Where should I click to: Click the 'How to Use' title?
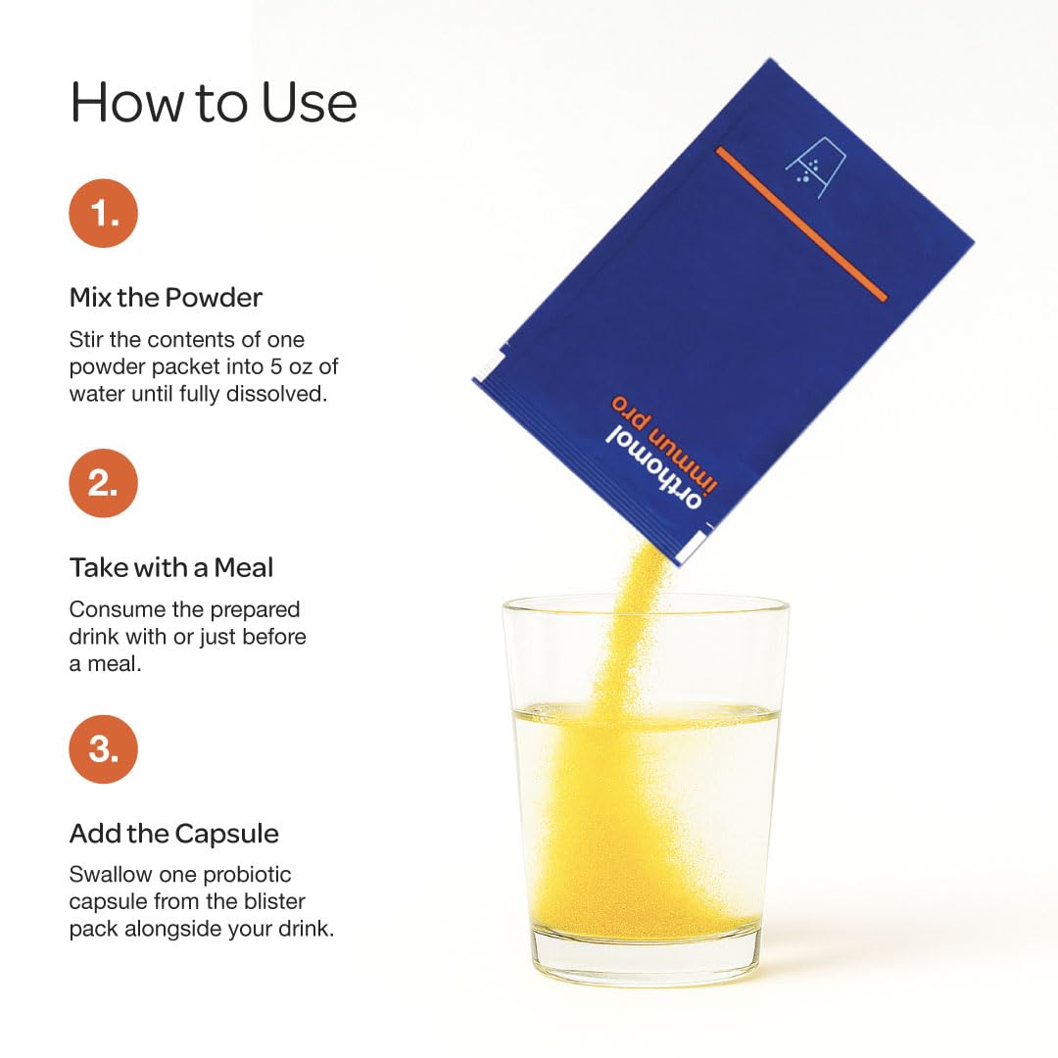pos(214,103)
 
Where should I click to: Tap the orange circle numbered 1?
pos(103,214)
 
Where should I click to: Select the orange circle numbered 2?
pos(103,483)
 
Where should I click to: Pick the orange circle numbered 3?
pos(103,749)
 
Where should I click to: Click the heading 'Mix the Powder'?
pos(166,298)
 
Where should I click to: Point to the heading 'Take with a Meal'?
pos(171,567)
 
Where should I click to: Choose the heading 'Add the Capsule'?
pos(174,834)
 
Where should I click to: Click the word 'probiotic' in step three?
pos(247,875)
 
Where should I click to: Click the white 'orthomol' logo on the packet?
pos(653,469)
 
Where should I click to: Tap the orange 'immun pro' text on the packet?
pos(664,442)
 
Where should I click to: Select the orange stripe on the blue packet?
pos(801,223)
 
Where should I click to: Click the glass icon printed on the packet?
pos(816,168)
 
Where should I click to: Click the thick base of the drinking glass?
pos(648,958)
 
